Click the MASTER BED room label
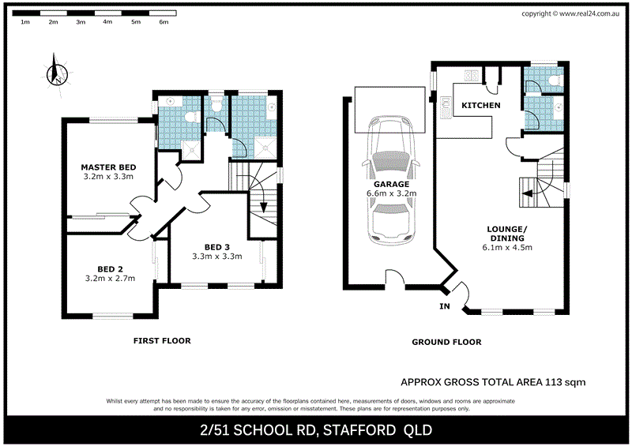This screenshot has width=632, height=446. pyautogui.click(x=109, y=167)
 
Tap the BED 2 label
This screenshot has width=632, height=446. pyautogui.click(x=110, y=268)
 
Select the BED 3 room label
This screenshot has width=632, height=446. pyautogui.click(x=216, y=245)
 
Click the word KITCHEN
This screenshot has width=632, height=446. pyautogui.click(x=480, y=105)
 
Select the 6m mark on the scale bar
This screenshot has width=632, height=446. pyautogui.click(x=164, y=22)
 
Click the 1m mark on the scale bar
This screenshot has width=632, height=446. pyautogui.click(x=25, y=22)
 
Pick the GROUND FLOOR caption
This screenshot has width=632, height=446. pyautogui.click(x=446, y=343)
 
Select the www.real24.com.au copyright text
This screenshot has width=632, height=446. pyautogui.click(x=591, y=13)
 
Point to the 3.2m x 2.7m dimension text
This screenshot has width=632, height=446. pyautogui.click(x=110, y=278)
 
